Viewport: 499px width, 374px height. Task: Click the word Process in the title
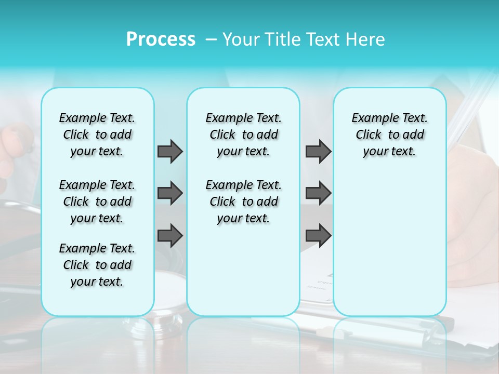(x=161, y=39)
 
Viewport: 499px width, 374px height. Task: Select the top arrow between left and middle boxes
(x=170, y=151)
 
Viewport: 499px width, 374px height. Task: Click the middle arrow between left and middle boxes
(x=170, y=193)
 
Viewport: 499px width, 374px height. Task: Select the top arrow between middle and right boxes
(x=318, y=151)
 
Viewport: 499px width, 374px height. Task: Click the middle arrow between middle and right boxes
(x=318, y=193)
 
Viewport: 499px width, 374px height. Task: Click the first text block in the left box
(x=97, y=135)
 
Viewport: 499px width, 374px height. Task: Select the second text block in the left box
(x=97, y=202)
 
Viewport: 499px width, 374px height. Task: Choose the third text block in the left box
(x=97, y=265)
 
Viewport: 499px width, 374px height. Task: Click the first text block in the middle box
(x=243, y=135)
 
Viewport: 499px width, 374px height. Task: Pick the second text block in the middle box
(x=243, y=202)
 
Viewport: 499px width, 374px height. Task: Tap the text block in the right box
(x=389, y=135)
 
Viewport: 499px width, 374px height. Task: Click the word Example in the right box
(x=370, y=118)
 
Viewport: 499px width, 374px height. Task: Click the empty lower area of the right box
(x=389, y=244)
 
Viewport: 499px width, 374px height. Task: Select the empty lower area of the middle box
(x=243, y=270)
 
